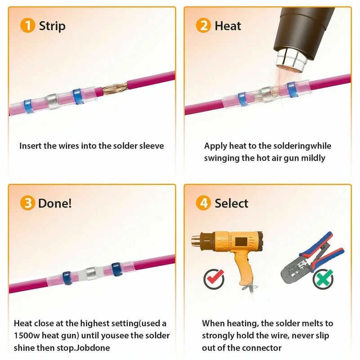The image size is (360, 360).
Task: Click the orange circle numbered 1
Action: pyautogui.click(x=27, y=26)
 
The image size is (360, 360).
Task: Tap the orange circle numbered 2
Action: pyautogui.click(x=203, y=26)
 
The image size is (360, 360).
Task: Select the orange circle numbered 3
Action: pyautogui.click(x=27, y=203)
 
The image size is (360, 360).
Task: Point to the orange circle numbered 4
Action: pyautogui.click(x=203, y=203)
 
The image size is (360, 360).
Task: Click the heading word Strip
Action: pyautogui.click(x=52, y=26)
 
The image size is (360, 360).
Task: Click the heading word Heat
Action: pyautogui.click(x=228, y=26)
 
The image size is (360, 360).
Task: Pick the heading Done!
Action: pyautogui.click(x=55, y=203)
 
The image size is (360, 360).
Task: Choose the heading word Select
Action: pyautogui.click(x=231, y=203)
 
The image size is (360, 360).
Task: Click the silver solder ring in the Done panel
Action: pyautogui.click(x=91, y=272)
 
